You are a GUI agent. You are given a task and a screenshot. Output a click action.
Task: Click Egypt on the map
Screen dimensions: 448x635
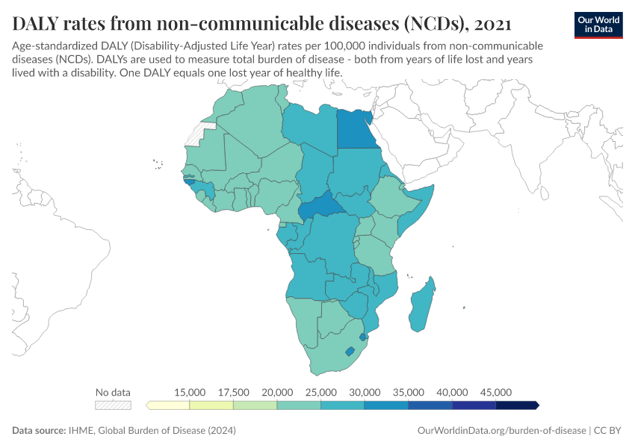click(x=356, y=130)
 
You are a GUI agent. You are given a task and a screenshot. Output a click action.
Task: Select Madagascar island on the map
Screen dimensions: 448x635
click(x=424, y=305)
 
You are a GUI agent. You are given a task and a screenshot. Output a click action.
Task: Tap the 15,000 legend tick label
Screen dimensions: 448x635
click(x=190, y=392)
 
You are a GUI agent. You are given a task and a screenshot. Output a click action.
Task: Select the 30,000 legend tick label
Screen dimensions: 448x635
click(x=365, y=392)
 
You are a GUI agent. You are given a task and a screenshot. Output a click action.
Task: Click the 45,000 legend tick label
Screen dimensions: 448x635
click(x=496, y=392)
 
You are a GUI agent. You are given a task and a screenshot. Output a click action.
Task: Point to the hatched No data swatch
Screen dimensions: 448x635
click(x=113, y=405)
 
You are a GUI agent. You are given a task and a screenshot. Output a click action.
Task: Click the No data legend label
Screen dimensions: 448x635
click(x=113, y=392)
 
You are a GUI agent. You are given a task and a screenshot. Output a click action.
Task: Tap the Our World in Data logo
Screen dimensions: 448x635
click(x=598, y=24)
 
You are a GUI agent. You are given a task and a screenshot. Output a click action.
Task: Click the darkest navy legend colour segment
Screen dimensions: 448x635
click(x=517, y=405)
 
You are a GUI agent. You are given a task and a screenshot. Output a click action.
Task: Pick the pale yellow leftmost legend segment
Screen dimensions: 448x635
click(x=169, y=405)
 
